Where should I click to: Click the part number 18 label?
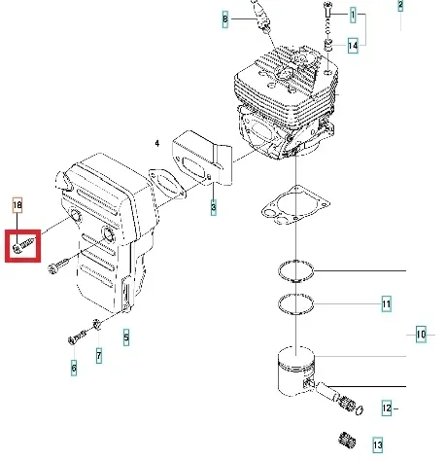(17, 204)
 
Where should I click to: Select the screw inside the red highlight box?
(23, 244)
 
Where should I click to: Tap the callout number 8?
(224, 18)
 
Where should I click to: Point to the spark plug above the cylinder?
(259, 14)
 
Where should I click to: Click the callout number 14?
(353, 46)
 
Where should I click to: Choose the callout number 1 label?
(353, 16)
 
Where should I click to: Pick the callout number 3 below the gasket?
(213, 206)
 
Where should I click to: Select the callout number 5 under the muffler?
(124, 337)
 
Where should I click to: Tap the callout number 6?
(73, 368)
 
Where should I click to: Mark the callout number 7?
(97, 354)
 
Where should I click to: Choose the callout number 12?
(385, 408)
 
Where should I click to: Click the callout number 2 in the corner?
(399, 6)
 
